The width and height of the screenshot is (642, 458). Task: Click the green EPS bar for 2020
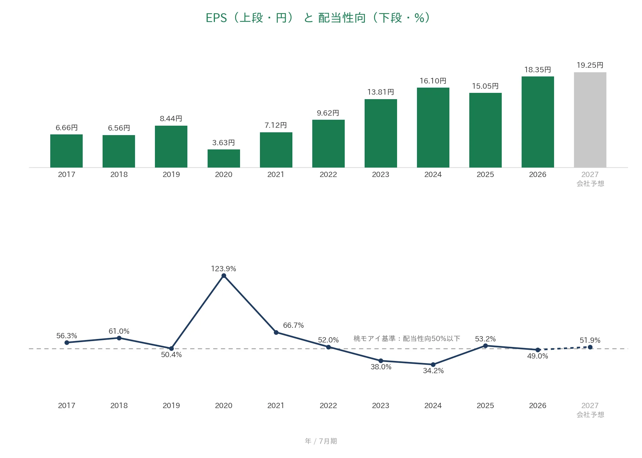coord(224,158)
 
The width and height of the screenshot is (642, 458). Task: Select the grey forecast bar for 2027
coord(590,120)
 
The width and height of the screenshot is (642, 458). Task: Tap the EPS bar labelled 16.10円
coord(433,127)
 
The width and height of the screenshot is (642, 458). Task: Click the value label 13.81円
coord(381,92)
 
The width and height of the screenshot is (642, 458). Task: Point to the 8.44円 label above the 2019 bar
coord(171,118)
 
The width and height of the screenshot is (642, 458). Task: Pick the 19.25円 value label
coord(590,65)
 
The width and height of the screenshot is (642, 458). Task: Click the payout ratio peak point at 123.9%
coord(224,276)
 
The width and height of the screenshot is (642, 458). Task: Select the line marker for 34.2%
coord(433,364)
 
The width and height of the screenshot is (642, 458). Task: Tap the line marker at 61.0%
coord(119,338)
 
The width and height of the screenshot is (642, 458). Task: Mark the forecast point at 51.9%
coord(590,347)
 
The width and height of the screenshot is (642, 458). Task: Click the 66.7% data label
coord(293,325)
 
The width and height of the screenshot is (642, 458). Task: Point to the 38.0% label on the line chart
coord(381,367)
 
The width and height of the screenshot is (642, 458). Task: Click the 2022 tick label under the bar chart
coord(328,175)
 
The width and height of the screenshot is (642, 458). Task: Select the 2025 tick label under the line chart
coord(485,406)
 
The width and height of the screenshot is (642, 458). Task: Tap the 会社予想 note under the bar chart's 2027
coord(590,184)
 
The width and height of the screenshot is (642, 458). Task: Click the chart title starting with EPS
coord(318,17)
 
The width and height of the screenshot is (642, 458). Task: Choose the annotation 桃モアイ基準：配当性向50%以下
coord(407,338)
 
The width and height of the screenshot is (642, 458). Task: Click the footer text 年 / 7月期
coord(321,441)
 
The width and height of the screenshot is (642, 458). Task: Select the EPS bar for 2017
coord(66,151)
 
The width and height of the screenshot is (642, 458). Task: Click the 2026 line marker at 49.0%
coord(538,350)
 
